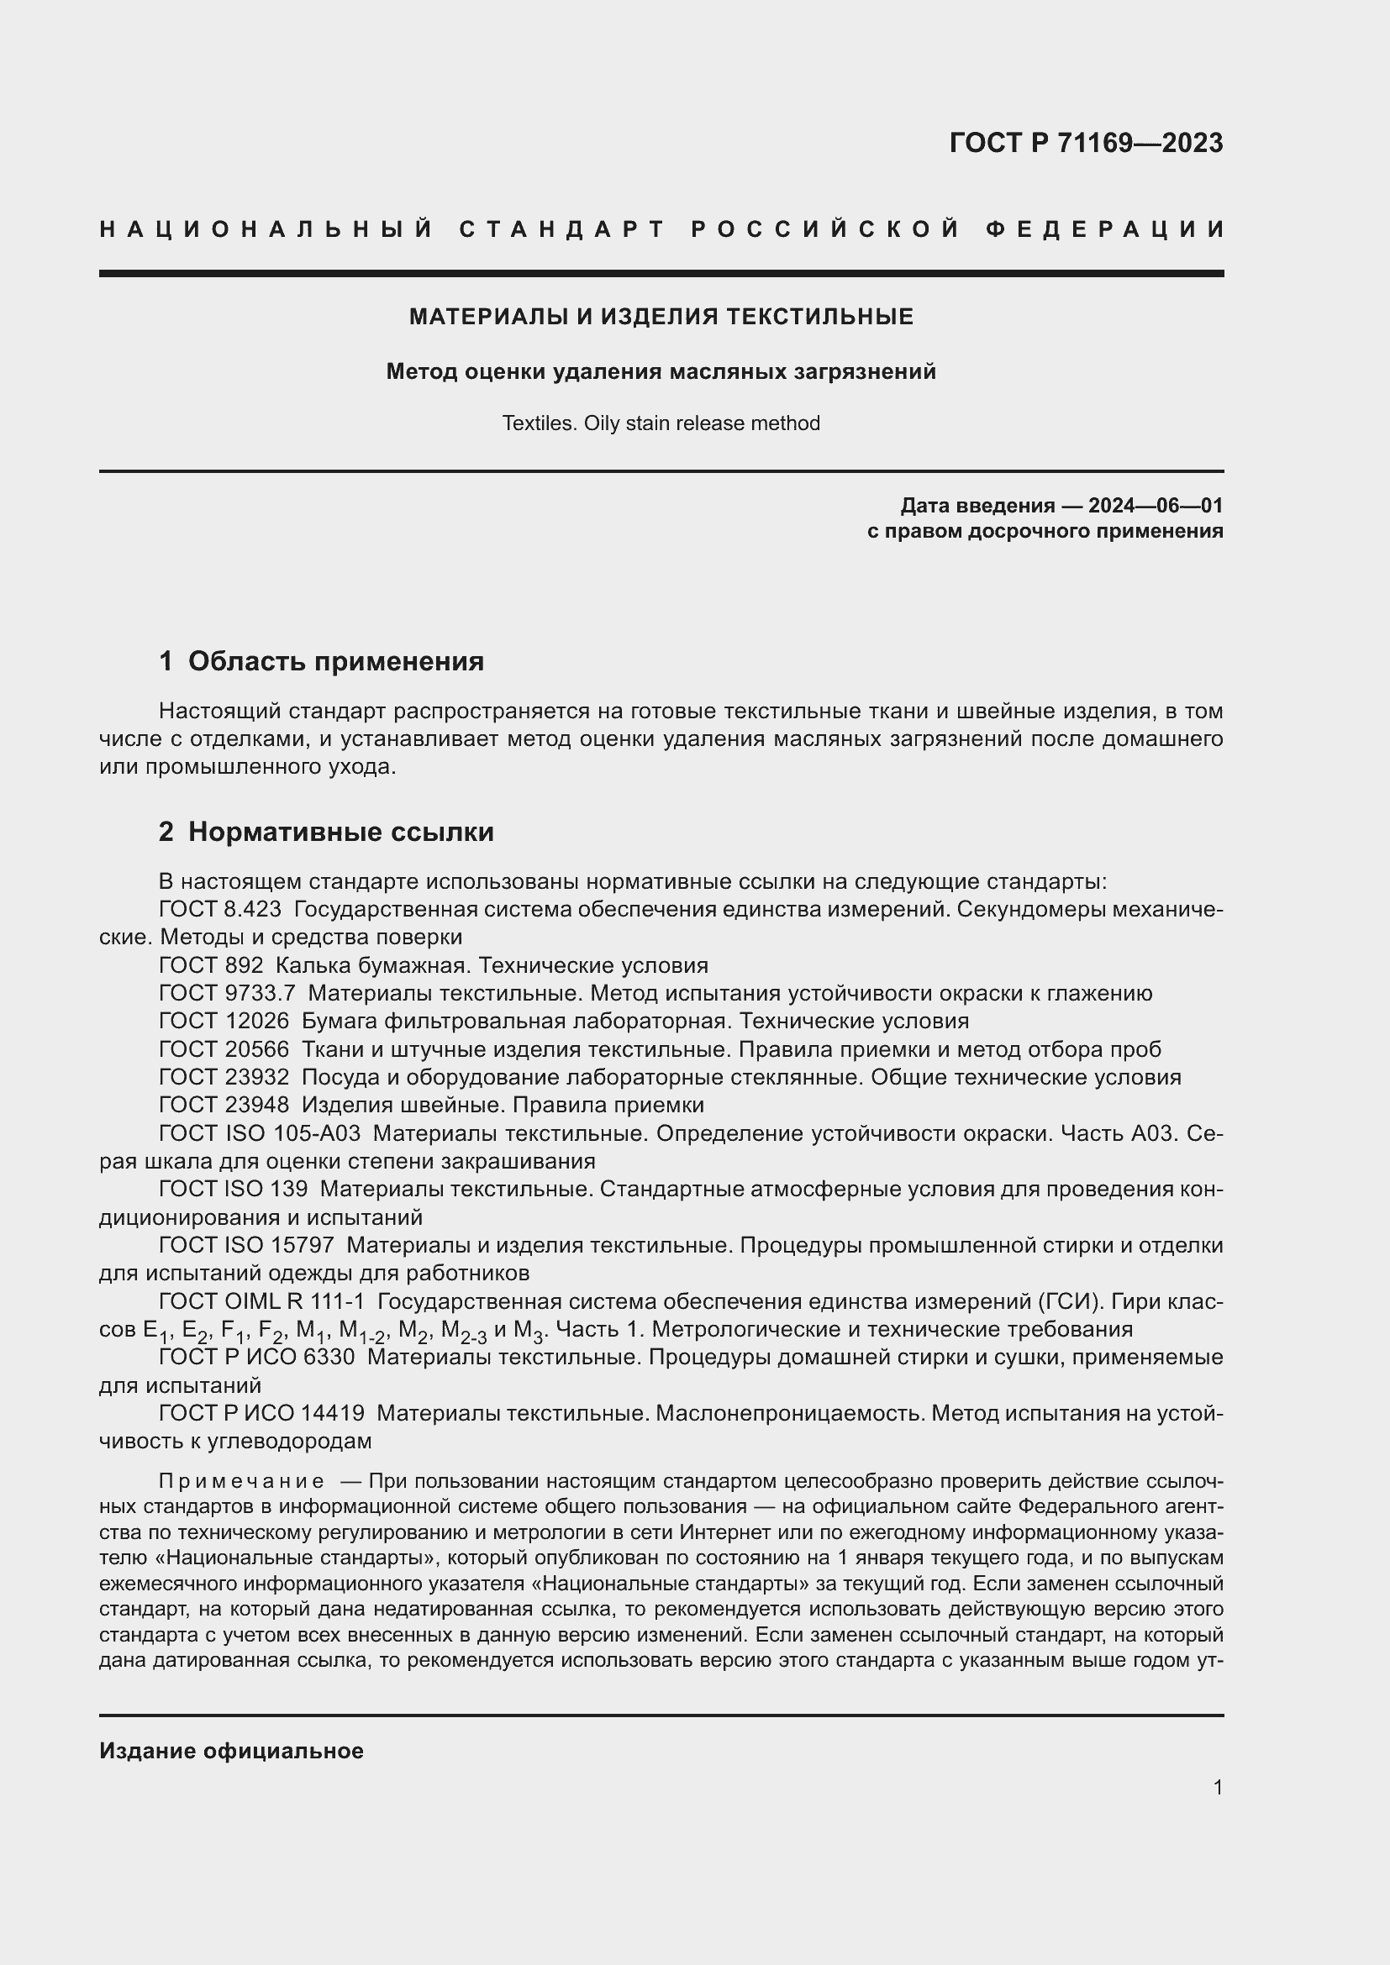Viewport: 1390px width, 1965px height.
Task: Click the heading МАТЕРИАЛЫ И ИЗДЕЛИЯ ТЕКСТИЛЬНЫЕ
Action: (x=661, y=317)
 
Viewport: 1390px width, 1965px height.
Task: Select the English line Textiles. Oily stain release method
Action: (x=661, y=423)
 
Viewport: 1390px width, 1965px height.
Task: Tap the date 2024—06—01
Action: (x=1155, y=506)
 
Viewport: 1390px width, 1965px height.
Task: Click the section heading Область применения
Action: (x=335, y=661)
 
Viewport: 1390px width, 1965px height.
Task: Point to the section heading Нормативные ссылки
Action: (x=340, y=832)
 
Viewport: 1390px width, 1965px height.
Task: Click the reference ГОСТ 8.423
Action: (x=220, y=909)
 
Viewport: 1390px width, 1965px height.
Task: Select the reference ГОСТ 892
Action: (x=211, y=965)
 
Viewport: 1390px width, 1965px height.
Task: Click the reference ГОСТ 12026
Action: (x=224, y=1021)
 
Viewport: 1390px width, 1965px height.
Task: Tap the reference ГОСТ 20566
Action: (x=224, y=1049)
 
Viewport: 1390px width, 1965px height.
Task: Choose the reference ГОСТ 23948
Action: (x=224, y=1105)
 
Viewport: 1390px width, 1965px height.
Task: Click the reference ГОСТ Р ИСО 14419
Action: (x=261, y=1413)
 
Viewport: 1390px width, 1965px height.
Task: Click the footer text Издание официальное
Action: (x=231, y=1751)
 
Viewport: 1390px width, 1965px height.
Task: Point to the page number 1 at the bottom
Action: (x=1217, y=1787)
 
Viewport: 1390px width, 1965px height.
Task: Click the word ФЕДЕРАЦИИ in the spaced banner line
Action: (x=1105, y=229)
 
